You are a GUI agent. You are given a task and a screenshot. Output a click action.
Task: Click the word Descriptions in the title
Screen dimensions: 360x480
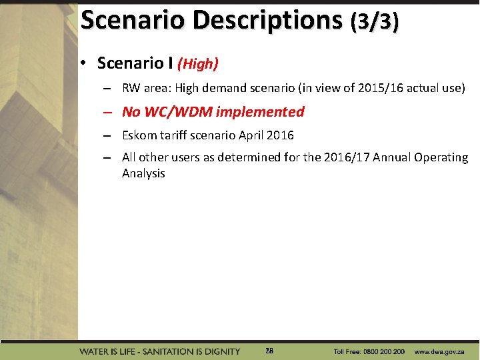tap(267, 20)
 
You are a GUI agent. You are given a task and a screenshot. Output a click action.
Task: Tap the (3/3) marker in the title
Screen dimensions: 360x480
tap(375, 21)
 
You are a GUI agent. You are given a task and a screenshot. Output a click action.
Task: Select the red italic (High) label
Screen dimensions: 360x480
tap(198, 64)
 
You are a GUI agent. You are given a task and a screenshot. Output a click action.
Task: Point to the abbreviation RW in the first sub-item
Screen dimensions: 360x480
tap(131, 88)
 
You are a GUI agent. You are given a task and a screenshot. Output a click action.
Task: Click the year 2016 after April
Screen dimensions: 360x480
tap(280, 135)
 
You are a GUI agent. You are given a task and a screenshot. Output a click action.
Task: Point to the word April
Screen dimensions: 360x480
tap(249, 135)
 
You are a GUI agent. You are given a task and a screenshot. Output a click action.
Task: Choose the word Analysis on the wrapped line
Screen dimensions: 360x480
tap(143, 173)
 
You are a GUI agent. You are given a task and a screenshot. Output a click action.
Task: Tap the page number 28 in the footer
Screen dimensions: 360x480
tap(269, 351)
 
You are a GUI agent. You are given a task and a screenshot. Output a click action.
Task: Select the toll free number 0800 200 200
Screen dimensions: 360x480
tap(380, 351)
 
